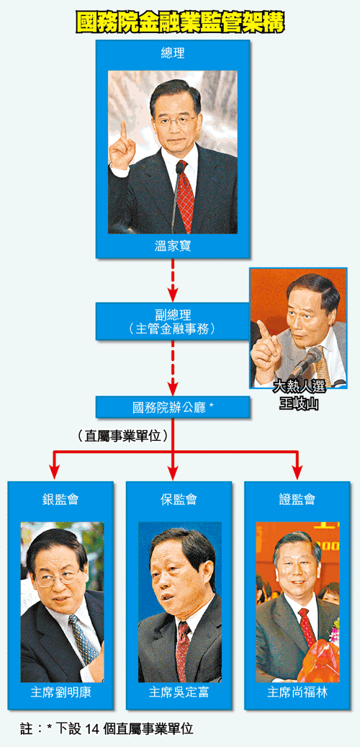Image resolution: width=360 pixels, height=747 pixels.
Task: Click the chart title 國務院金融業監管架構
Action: pos(179,21)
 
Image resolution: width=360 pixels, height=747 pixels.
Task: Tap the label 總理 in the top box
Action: pos(172,53)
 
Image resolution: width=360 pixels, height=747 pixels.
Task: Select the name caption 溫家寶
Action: pos(172,246)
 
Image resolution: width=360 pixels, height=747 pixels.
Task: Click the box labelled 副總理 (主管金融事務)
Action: pos(172,321)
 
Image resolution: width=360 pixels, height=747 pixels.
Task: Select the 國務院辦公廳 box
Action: pos(172,407)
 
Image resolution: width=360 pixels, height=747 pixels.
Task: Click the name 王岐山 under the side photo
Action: pos(299,403)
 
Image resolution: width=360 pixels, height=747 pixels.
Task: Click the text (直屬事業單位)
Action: pos(123,436)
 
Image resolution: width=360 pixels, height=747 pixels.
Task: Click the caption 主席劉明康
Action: pos(60,692)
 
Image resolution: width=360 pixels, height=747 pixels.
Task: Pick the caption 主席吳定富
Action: pos(179,692)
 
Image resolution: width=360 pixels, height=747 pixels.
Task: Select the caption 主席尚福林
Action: pos(297,692)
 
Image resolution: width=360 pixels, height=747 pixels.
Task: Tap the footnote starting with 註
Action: pos(107,728)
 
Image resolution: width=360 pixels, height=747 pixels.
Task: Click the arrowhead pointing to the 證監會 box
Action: pos(297,472)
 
